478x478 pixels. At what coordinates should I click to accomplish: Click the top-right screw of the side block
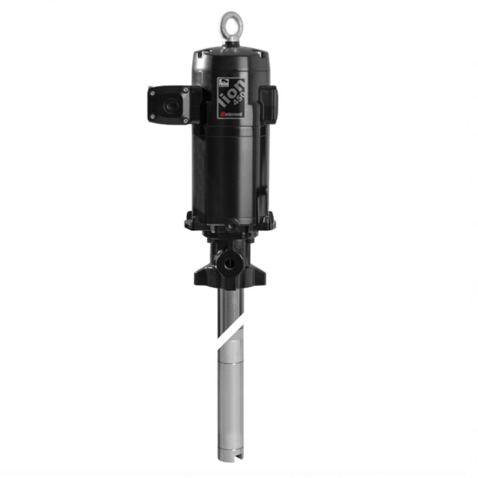[x=185, y=90]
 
